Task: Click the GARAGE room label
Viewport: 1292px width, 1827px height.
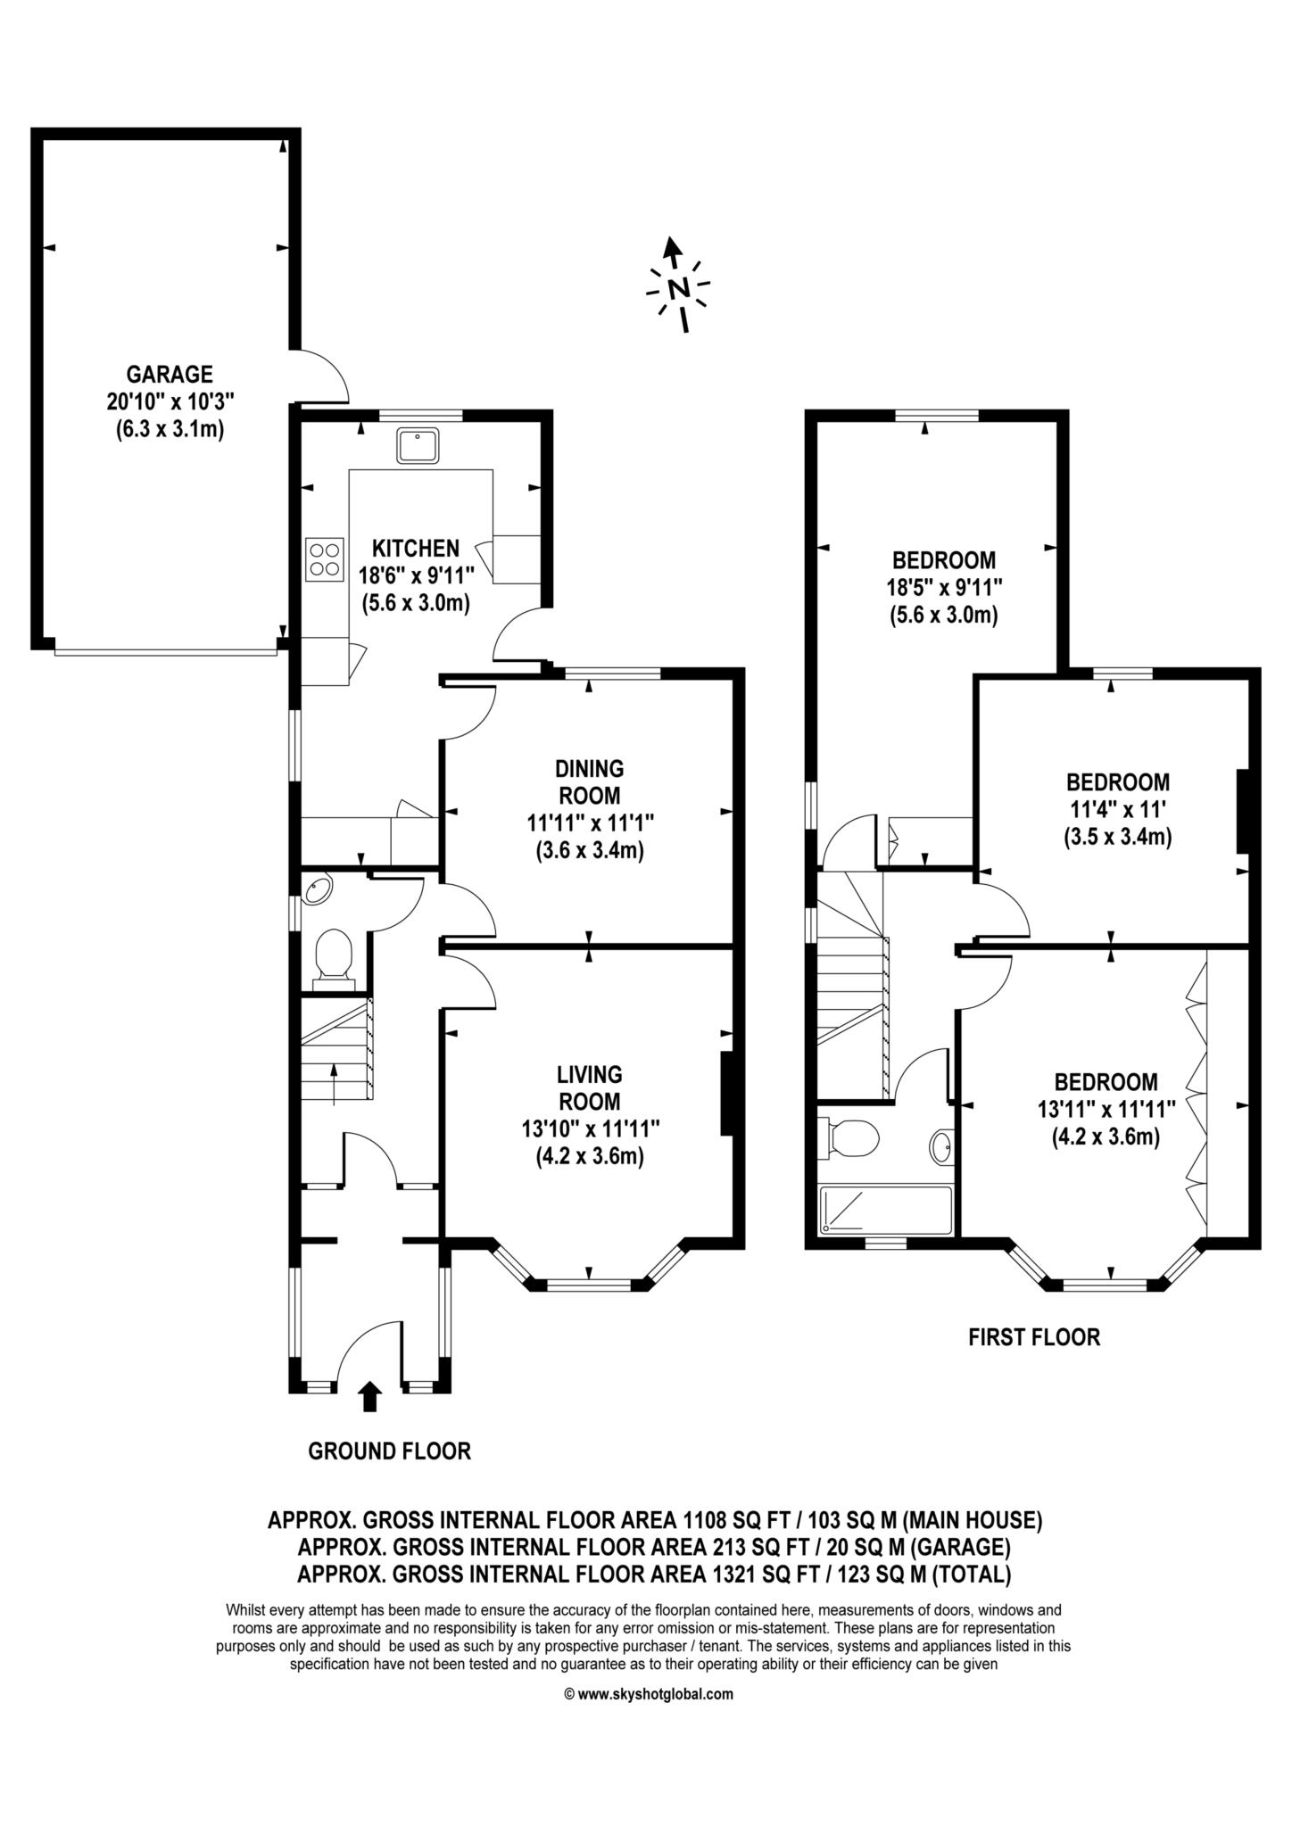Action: tap(169, 373)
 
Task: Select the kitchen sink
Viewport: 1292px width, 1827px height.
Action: tap(418, 445)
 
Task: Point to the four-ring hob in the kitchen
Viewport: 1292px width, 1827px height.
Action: tap(324, 559)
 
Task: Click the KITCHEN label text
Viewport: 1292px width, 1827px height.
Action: tap(415, 548)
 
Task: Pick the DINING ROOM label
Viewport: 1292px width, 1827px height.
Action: tap(589, 781)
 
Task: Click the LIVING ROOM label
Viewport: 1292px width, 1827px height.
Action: tap(589, 1087)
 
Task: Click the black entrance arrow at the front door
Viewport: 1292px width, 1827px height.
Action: tap(370, 1397)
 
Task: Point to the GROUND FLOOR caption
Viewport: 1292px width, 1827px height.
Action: tap(389, 1451)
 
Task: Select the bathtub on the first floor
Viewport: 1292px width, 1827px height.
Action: tap(886, 1210)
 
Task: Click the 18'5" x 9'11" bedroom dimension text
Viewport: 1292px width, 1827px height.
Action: tap(944, 588)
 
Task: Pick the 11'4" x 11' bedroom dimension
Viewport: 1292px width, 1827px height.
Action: tap(1118, 810)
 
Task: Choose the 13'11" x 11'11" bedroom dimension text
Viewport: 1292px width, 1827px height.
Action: tap(1106, 1110)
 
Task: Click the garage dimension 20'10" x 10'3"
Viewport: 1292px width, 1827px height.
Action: tap(169, 401)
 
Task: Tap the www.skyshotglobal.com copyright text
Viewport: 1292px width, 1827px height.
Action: tap(649, 1719)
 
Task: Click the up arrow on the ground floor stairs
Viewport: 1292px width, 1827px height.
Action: tap(335, 1084)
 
